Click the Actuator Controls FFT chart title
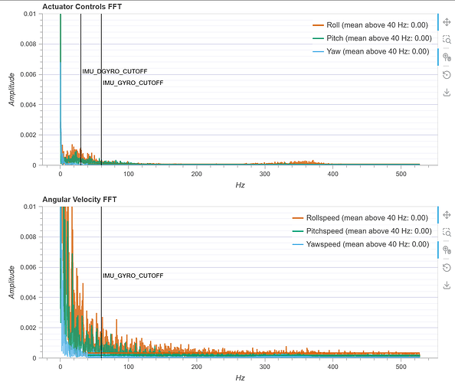82,7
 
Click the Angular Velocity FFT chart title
80,200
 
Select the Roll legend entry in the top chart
370,25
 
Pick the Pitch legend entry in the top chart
372,38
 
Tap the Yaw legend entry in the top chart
371,51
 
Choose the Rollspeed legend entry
360,218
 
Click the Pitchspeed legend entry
362,231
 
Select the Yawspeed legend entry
361,244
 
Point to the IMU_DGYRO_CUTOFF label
115,71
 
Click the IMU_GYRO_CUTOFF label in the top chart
133,83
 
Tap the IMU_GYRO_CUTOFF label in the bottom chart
133,276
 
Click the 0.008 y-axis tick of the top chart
28,44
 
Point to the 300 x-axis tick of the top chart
264,174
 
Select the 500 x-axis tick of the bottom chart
401,367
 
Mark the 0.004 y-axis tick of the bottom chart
28,298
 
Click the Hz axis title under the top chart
240,185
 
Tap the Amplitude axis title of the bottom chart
11,282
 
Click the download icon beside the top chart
447,93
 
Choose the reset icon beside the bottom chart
447,267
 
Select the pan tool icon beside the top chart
447,22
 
